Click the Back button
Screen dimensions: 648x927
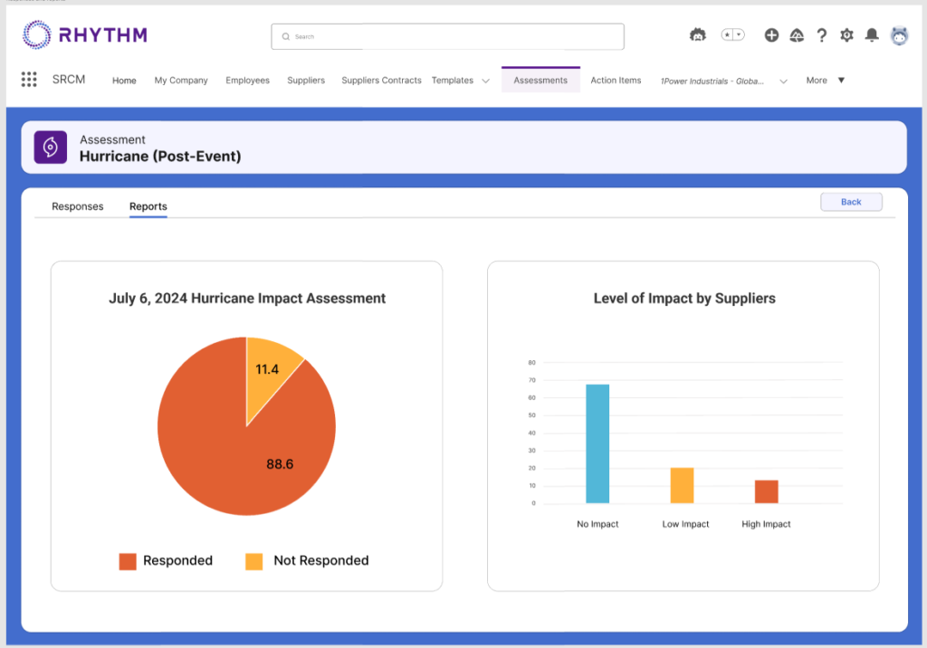pyautogui.click(x=851, y=202)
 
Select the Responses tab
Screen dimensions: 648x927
pyautogui.click(x=78, y=206)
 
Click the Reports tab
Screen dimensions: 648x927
pyautogui.click(x=148, y=206)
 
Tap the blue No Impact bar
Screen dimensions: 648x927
pyautogui.click(x=597, y=443)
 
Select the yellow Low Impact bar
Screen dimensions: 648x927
pyautogui.click(x=682, y=486)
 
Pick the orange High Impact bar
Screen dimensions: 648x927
pyautogui.click(x=766, y=491)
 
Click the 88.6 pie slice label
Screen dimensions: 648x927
pyautogui.click(x=280, y=464)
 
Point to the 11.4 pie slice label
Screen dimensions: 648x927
pyautogui.click(x=267, y=369)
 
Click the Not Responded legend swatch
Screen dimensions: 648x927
pyautogui.click(x=254, y=561)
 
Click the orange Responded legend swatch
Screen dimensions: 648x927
pyautogui.click(x=128, y=561)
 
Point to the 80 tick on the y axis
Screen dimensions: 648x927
pyautogui.click(x=532, y=363)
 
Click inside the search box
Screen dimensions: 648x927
pyautogui.click(x=448, y=37)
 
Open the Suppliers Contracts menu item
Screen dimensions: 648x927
pyautogui.click(x=381, y=81)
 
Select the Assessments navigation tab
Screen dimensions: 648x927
pyautogui.click(x=540, y=81)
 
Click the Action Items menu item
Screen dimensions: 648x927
pyautogui.click(x=616, y=81)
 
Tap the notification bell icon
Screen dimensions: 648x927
pyautogui.click(x=872, y=35)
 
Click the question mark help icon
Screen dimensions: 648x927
pyautogui.click(x=821, y=35)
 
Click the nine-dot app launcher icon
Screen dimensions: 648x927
pyautogui.click(x=29, y=80)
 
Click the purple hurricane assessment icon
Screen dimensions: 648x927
pyautogui.click(x=51, y=148)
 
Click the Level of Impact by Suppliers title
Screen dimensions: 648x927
pyautogui.click(x=684, y=298)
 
